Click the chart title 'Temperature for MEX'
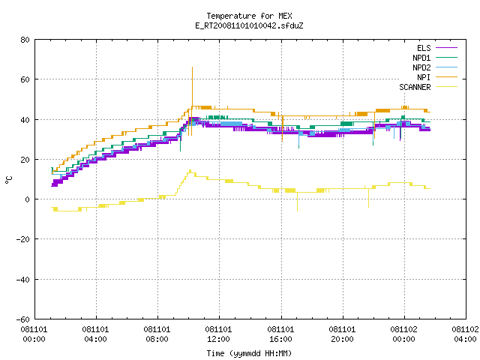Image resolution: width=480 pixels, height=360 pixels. coord(249,16)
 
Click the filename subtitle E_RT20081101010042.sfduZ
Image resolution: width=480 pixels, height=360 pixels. coord(249,25)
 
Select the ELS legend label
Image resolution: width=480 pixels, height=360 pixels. coord(424,48)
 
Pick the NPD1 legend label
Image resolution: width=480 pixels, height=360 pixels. coord(421,58)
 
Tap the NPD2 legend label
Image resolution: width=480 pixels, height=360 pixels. coord(421,67)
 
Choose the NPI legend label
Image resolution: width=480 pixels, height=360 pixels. coord(424,77)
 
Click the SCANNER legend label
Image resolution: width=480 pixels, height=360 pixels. coord(415,87)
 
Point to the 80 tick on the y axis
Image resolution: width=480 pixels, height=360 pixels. coord(25,40)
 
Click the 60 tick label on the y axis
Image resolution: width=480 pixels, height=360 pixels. coord(25,79)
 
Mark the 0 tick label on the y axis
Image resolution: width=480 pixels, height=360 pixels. coord(28,199)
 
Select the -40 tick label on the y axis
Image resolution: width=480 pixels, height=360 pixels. coord(23,280)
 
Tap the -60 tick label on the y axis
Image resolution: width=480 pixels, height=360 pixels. coord(23,319)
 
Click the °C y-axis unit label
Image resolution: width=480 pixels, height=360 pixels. coord(9,180)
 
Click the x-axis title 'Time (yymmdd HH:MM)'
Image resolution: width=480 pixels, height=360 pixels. coord(249,353)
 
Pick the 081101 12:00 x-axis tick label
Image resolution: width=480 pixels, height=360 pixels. coord(218,334)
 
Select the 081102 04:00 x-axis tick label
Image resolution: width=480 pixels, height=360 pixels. coord(465,334)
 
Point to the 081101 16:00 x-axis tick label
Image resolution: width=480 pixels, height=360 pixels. coord(280,334)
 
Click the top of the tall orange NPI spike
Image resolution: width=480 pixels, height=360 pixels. coord(192,67)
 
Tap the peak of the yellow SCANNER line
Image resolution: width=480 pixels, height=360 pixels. coord(190,170)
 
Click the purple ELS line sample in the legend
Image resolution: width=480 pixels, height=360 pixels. coord(447,48)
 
